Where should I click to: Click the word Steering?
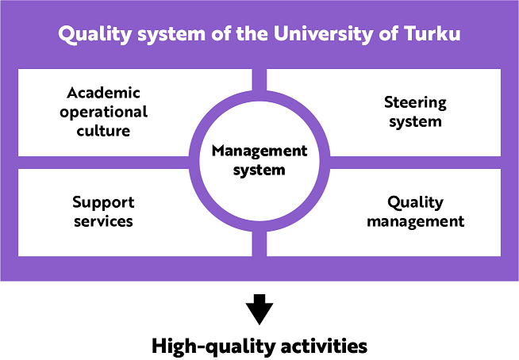click(x=415, y=101)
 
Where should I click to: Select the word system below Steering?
click(x=415, y=122)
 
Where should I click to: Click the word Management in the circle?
click(x=259, y=150)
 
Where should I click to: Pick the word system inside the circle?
click(x=259, y=170)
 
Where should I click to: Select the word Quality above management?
click(x=415, y=202)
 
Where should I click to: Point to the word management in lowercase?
click(x=415, y=221)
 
